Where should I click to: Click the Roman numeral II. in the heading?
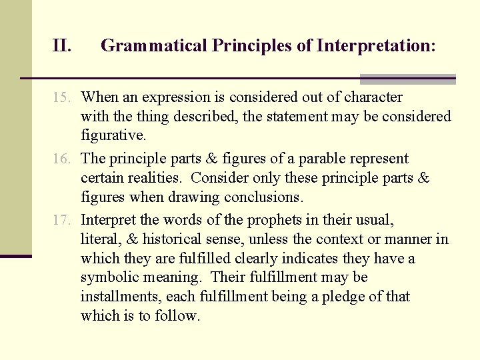pos(62,46)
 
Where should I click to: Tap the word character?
pos(373,97)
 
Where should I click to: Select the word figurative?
pos(113,135)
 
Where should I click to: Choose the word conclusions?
pos(263,197)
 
